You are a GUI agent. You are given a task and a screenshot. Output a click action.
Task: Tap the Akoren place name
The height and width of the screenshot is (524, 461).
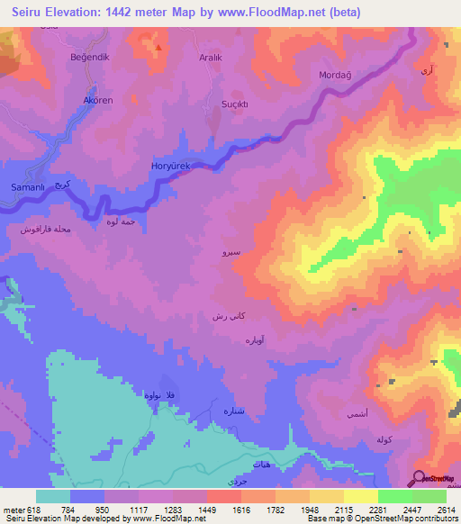pyautogui.click(x=97, y=100)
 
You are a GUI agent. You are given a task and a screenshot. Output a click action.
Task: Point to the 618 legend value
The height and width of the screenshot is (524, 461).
pyautogui.click(x=32, y=510)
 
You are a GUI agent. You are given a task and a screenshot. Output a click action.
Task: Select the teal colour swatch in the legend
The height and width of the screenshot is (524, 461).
pyautogui.click(x=52, y=496)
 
